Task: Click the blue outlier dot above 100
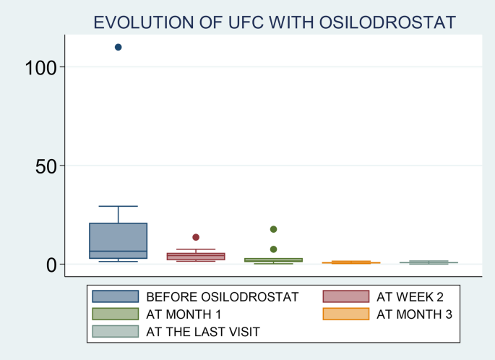[119, 47]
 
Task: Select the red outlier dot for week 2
[196, 237]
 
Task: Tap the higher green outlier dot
[274, 229]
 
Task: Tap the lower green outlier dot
[274, 249]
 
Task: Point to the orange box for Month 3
[351, 262]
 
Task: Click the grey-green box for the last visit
[429, 262]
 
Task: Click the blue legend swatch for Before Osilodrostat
[115, 296]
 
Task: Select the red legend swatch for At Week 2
[345, 296]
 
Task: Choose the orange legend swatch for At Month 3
[345, 314]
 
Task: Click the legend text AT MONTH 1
[184, 314]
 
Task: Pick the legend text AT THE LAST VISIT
[203, 331]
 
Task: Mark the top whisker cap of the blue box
[119, 206]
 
